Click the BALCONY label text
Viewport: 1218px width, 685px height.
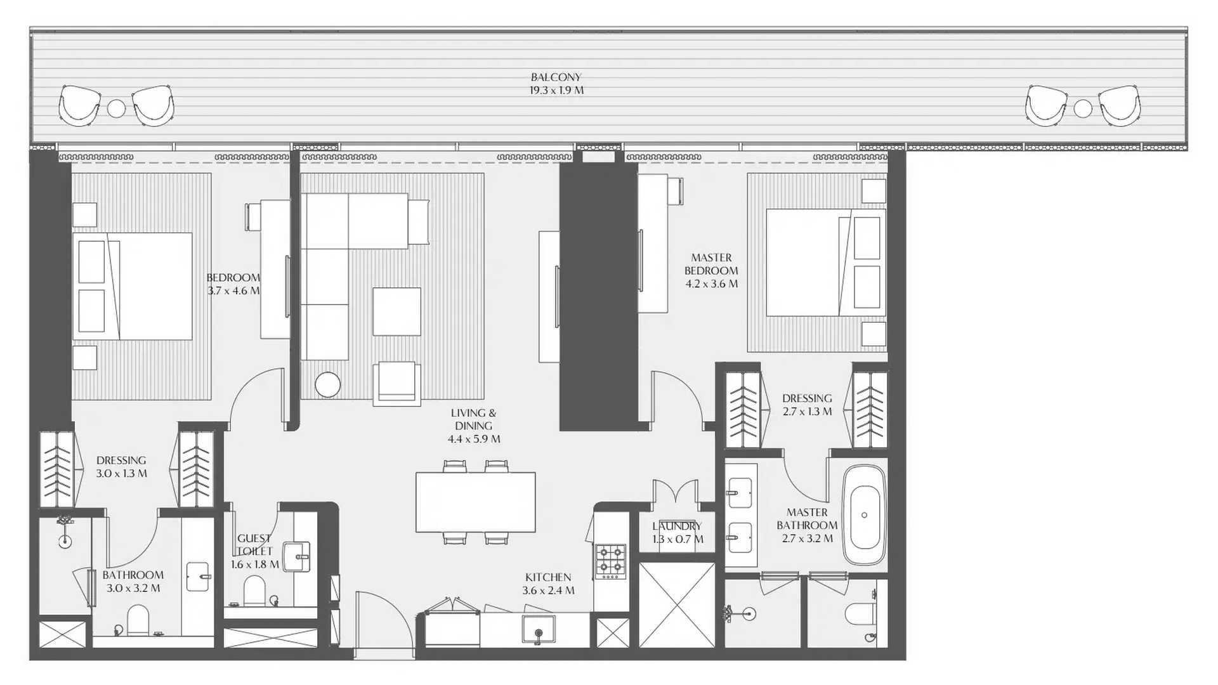(x=556, y=77)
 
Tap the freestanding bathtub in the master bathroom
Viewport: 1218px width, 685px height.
(x=864, y=515)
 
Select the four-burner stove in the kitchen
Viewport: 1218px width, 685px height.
(x=610, y=561)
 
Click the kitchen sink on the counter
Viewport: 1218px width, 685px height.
(x=539, y=629)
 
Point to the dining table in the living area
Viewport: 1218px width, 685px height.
(x=476, y=502)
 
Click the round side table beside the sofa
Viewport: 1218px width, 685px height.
(x=327, y=384)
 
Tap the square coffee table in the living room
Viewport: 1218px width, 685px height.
(x=396, y=311)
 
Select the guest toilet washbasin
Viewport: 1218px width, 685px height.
(x=296, y=556)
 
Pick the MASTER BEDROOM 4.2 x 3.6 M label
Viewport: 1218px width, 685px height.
(x=711, y=271)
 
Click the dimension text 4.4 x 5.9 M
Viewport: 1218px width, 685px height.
(x=474, y=439)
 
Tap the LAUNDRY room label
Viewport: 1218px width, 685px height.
(x=677, y=526)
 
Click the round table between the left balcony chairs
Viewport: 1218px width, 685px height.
(x=116, y=108)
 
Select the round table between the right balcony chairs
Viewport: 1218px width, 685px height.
(x=1083, y=108)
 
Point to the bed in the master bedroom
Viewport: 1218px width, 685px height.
(x=826, y=263)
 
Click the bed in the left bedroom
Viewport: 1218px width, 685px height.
(x=132, y=286)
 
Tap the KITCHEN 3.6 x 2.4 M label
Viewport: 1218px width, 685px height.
(x=549, y=584)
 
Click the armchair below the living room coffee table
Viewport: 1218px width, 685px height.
(x=396, y=384)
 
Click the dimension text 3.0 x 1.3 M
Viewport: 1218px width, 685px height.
(x=121, y=474)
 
